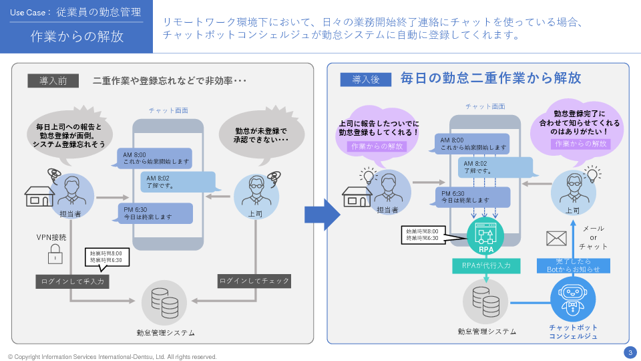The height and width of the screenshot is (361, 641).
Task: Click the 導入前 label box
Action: [x=53, y=80]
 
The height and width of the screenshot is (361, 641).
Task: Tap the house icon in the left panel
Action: [x=39, y=196]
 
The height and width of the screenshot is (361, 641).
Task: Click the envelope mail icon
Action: [x=556, y=238]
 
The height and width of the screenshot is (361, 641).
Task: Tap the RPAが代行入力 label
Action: [x=486, y=265]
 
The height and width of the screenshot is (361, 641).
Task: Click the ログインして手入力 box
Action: [x=72, y=281]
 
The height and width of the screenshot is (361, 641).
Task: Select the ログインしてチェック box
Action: [x=254, y=281]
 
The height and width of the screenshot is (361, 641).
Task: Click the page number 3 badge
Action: [x=630, y=352]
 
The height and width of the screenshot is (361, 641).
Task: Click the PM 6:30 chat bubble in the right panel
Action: [x=472, y=196]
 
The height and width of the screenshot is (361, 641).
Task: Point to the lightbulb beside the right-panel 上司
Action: [x=591, y=175]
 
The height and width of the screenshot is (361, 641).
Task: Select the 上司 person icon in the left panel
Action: [x=256, y=192]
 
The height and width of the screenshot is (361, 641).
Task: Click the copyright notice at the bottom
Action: [x=112, y=356]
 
